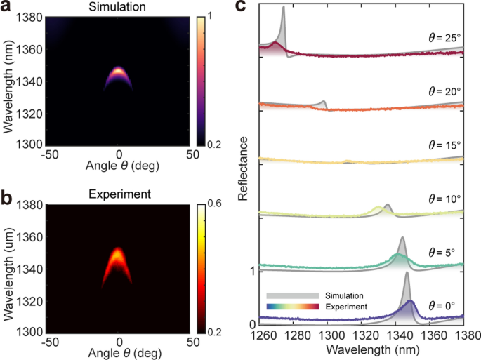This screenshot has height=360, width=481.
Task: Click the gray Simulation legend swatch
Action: pyautogui.click(x=292, y=295)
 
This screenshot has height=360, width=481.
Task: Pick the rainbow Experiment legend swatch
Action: pyautogui.click(x=292, y=306)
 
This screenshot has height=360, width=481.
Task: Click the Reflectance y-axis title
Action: pyautogui.click(x=242, y=168)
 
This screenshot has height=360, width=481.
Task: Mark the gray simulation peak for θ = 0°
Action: pyautogui.click(x=406, y=276)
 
